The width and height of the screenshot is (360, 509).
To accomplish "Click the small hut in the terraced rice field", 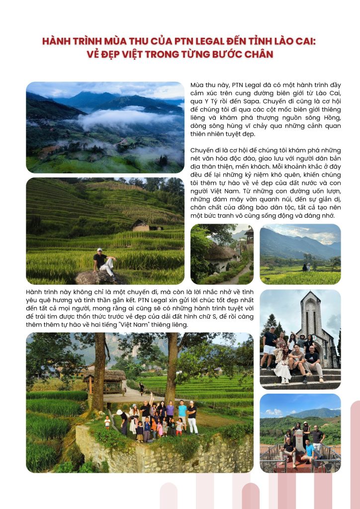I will point(140,225).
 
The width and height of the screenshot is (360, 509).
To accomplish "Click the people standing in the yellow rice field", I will point(306,267).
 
